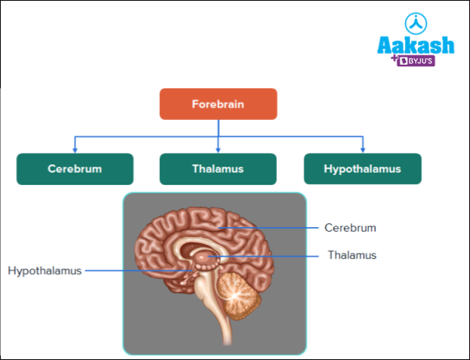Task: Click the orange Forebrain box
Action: pyautogui.click(x=218, y=104)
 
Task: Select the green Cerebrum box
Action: pyautogui.click(x=75, y=169)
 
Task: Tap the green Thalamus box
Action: pyautogui.click(x=218, y=169)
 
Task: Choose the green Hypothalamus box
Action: pyautogui.click(x=362, y=169)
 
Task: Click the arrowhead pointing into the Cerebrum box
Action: pyautogui.click(x=75, y=149)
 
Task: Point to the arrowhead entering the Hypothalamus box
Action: pyautogui.click(x=363, y=149)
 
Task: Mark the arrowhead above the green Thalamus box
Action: pyautogui.click(x=218, y=149)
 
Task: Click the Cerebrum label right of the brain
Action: pyautogui.click(x=350, y=227)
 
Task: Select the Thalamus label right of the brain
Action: pyautogui.click(x=352, y=255)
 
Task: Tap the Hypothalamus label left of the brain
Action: pyautogui.click(x=45, y=269)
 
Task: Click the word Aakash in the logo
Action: pyautogui.click(x=416, y=46)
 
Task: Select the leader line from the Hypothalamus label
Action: pyautogui.click(x=136, y=269)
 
